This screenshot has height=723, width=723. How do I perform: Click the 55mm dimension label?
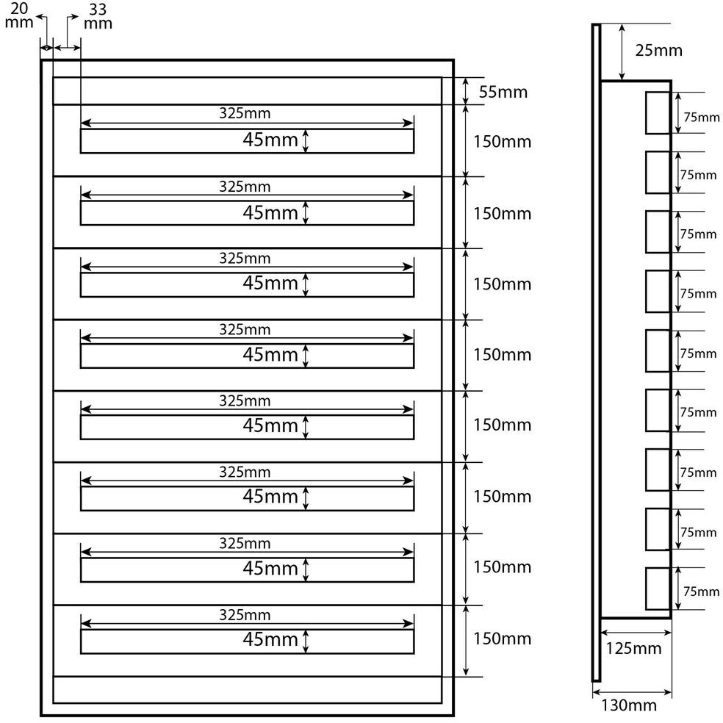point(503,93)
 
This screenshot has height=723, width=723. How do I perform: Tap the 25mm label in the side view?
point(658,51)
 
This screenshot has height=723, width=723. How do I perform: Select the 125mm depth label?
point(633,648)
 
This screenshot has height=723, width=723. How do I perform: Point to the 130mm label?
point(628,705)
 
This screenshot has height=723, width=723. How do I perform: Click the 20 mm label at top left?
point(19,15)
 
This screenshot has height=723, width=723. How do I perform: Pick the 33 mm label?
point(98,15)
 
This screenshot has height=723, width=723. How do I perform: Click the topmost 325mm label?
point(245,114)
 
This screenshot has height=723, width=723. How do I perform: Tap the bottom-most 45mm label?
point(270,639)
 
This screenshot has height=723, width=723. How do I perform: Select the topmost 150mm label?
point(502,142)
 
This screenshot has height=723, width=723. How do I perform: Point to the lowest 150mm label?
point(502,638)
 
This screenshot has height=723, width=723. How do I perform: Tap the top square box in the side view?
point(658,113)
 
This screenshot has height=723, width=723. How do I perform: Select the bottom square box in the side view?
point(658,589)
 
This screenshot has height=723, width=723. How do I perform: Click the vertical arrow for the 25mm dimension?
point(622,52)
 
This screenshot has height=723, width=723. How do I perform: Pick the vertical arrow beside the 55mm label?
point(465,91)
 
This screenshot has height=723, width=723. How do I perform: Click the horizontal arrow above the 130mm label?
point(632,691)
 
